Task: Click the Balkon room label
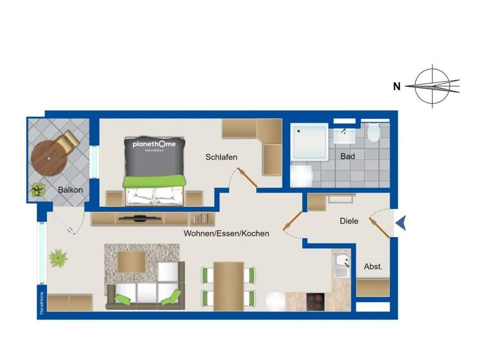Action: click(x=70, y=190)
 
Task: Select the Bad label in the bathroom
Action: click(x=348, y=156)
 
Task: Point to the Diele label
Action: click(x=349, y=221)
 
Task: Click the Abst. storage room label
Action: click(x=373, y=267)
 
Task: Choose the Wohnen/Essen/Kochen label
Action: click(x=226, y=233)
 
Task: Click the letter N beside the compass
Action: click(x=398, y=85)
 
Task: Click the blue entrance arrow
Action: click(x=401, y=222)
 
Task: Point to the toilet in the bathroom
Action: click(x=374, y=134)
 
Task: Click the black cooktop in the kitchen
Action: click(x=316, y=300)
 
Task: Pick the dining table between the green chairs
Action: click(x=228, y=285)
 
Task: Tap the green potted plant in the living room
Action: click(x=59, y=258)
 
